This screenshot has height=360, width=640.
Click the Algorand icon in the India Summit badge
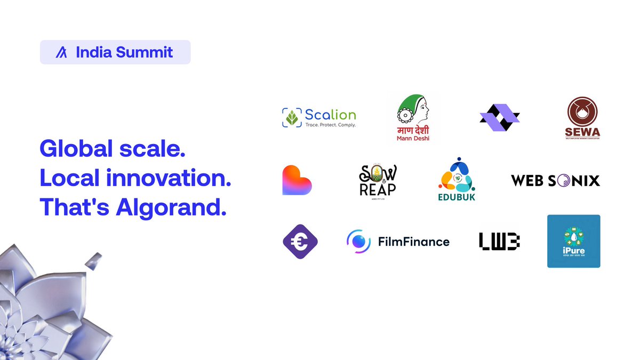point(61,52)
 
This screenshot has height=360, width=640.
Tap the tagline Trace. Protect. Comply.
point(330,125)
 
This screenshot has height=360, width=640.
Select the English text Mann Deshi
point(413,139)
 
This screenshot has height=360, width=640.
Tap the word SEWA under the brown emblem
point(582,132)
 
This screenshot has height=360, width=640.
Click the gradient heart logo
point(297,180)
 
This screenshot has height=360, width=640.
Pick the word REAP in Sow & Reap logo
point(377,189)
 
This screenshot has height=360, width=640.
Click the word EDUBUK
point(456,197)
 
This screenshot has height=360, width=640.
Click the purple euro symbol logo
point(300,242)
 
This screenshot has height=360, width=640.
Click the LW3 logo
point(499,242)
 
